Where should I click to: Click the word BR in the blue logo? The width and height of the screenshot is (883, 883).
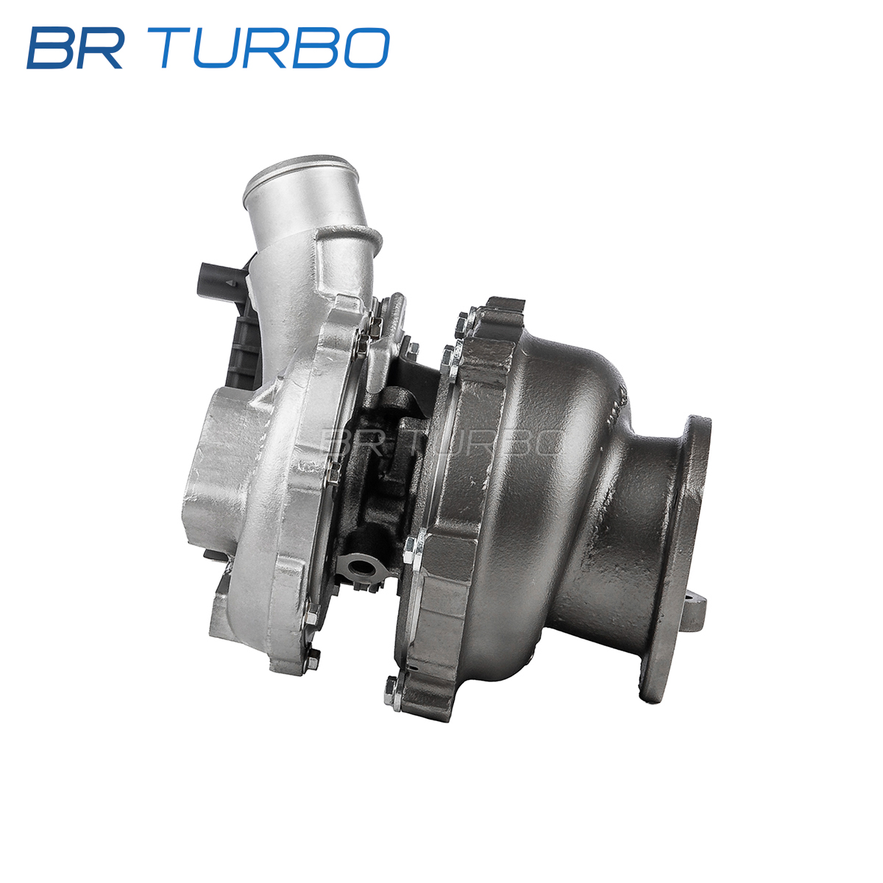point(75,48)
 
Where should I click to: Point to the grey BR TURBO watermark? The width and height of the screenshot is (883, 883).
point(441,442)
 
